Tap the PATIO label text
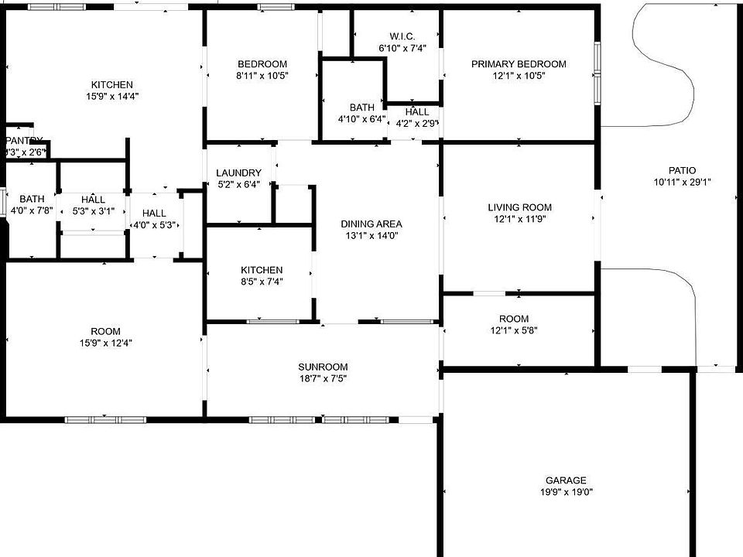pyautogui.click(x=682, y=171)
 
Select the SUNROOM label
pyautogui.click(x=323, y=367)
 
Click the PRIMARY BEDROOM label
pyautogui.click(x=519, y=64)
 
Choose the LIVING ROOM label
pyautogui.click(x=519, y=207)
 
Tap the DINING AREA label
pyautogui.click(x=371, y=224)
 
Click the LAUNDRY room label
pyautogui.click(x=238, y=173)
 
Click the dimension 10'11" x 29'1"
pyautogui.click(x=682, y=183)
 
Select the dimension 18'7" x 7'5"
pyautogui.click(x=323, y=378)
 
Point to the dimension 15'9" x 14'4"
pyautogui.click(x=112, y=97)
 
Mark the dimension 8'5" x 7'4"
pyautogui.click(x=261, y=282)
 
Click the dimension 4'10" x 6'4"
pyautogui.click(x=361, y=119)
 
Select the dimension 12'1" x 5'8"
pyautogui.click(x=514, y=330)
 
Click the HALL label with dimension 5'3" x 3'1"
pyautogui.click(x=93, y=200)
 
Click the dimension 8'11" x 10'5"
pyautogui.click(x=262, y=76)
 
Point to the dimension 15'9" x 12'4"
pyautogui.click(x=105, y=343)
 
